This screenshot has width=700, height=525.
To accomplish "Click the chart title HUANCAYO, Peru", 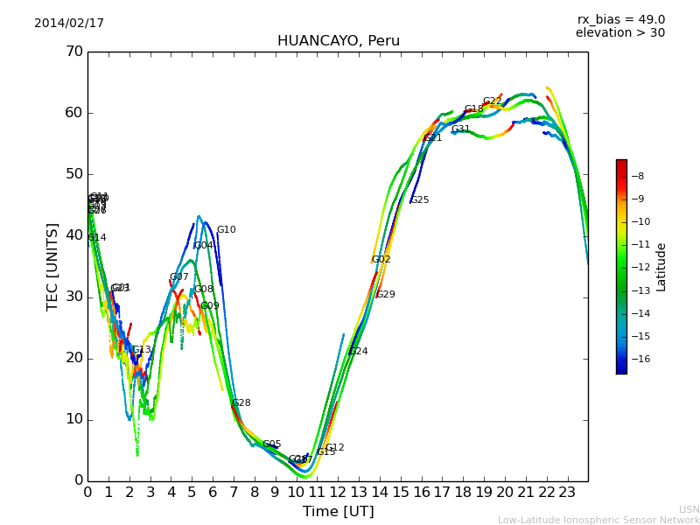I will [x=338, y=41].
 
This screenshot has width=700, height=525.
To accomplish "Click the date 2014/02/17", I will [x=69, y=24].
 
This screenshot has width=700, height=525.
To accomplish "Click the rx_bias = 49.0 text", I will [x=620, y=20].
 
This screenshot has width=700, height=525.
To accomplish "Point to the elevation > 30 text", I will [x=619, y=33].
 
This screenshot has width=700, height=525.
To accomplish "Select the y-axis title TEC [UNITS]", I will [x=52, y=266].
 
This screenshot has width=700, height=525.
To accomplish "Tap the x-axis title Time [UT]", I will [x=338, y=512].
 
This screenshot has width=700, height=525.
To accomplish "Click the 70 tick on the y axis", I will [x=73, y=52].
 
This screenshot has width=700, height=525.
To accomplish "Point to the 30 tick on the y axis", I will [x=73, y=297].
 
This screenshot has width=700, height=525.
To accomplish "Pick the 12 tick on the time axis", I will [x=338, y=493].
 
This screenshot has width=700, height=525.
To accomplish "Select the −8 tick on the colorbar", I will [x=637, y=176].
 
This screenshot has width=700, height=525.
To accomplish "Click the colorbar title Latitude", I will [x=661, y=267].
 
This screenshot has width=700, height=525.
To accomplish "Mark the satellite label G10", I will [x=227, y=230].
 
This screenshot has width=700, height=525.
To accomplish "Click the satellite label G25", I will [x=420, y=200].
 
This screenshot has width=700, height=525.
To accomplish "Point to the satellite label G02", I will [x=381, y=260].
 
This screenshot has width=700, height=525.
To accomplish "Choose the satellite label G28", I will [x=241, y=403].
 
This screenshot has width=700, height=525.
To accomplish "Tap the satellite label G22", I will [x=493, y=101].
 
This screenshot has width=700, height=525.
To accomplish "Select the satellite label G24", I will [x=359, y=352].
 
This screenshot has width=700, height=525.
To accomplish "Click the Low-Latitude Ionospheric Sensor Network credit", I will [x=598, y=521].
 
